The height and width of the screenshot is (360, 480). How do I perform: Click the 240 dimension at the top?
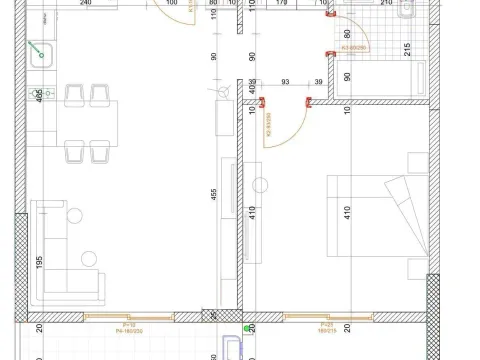(x=86, y=3)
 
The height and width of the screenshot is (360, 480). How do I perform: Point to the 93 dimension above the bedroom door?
(x=286, y=81)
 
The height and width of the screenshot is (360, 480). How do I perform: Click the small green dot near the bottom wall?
(x=245, y=326)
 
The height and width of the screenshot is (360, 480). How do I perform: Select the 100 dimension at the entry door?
(x=172, y=3)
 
